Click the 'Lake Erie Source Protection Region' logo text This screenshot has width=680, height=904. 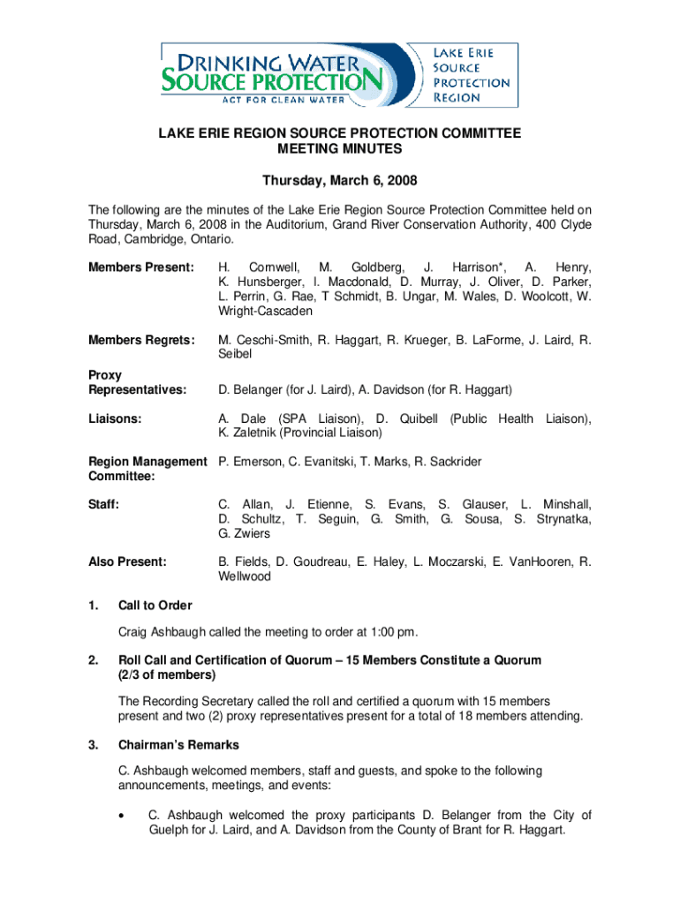tap(470, 75)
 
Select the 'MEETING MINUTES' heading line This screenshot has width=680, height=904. tap(340, 150)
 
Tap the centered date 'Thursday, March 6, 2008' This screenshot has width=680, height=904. tap(340, 181)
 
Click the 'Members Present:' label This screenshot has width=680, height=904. tap(140, 267)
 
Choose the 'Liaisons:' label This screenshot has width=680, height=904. tap(118, 418)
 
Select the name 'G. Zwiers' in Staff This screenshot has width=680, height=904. tap(245, 533)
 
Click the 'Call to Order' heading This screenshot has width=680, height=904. tap(155, 606)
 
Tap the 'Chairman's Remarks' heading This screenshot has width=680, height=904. tap(178, 745)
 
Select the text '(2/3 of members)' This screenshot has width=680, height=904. tap(167, 675)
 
